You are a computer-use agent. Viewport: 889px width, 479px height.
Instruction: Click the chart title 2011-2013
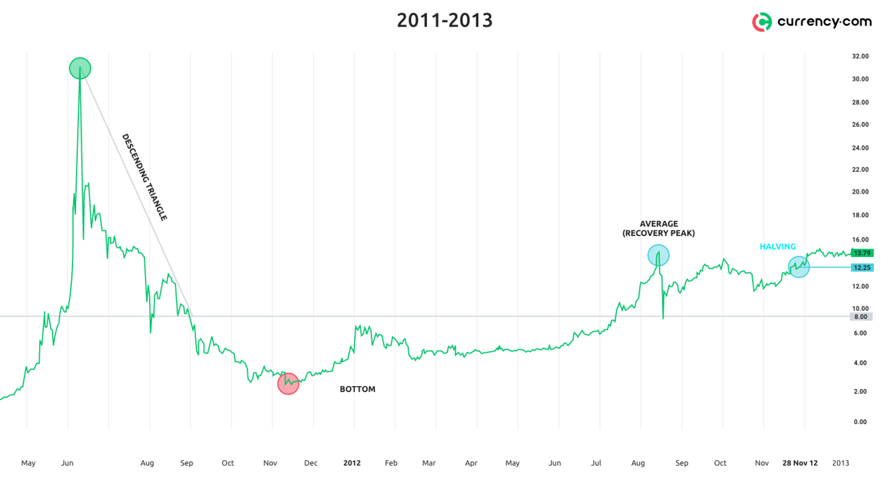tap(444, 21)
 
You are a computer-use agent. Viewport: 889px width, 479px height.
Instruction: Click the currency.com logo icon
tap(762, 22)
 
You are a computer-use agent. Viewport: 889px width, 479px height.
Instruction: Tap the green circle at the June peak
tap(80, 68)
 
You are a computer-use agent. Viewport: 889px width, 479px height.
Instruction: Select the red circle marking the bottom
tap(288, 384)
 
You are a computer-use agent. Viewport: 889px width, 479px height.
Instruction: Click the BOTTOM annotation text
tap(358, 389)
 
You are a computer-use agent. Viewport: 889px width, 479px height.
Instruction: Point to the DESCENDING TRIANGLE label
tap(144, 177)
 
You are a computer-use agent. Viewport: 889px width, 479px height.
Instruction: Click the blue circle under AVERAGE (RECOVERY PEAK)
tap(658, 255)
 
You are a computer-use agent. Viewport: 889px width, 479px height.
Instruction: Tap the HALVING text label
tap(777, 247)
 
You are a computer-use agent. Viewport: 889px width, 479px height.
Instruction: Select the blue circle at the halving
tap(798, 267)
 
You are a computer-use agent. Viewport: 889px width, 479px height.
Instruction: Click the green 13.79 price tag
tap(861, 253)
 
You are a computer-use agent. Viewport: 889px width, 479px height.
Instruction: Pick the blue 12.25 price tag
tap(861, 267)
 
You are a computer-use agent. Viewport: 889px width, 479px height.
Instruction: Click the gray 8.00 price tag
tap(860, 317)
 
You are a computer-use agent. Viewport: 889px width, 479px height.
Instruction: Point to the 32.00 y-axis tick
tap(860, 56)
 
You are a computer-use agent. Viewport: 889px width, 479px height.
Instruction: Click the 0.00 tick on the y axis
tap(860, 422)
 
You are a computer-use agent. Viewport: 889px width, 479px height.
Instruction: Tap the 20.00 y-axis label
tap(860, 192)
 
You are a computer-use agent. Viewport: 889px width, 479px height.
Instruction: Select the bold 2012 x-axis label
tap(351, 463)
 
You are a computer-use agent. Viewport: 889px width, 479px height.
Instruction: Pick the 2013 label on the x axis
tap(841, 463)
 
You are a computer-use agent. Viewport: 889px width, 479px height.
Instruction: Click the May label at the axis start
tap(28, 463)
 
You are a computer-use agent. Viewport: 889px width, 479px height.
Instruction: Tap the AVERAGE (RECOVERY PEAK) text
tap(658, 229)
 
